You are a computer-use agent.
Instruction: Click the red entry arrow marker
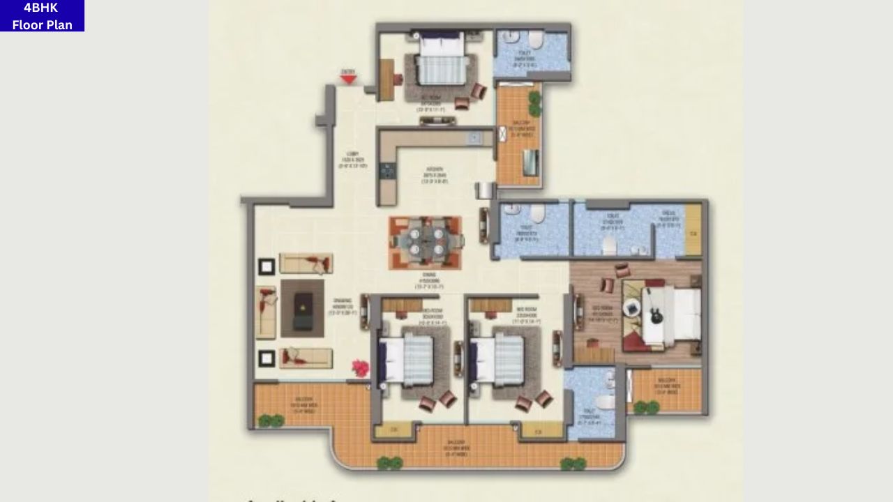tap(348, 79)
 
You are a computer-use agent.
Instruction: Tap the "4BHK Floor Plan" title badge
tap(42, 15)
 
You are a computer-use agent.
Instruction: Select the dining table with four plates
tap(426, 241)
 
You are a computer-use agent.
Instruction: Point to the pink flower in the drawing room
tap(360, 368)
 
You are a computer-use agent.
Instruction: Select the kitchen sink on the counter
tap(474, 138)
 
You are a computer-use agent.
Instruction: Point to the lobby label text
tap(352, 160)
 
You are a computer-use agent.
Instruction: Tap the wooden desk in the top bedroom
tap(387, 79)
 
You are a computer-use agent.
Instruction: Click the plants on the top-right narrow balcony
tap(534, 103)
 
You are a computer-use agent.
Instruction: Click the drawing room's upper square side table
tap(267, 266)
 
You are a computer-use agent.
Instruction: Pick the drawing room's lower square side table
tap(267, 358)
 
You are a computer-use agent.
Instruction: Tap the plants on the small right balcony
tap(646, 407)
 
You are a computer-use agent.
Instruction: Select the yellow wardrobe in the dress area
tap(693, 229)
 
